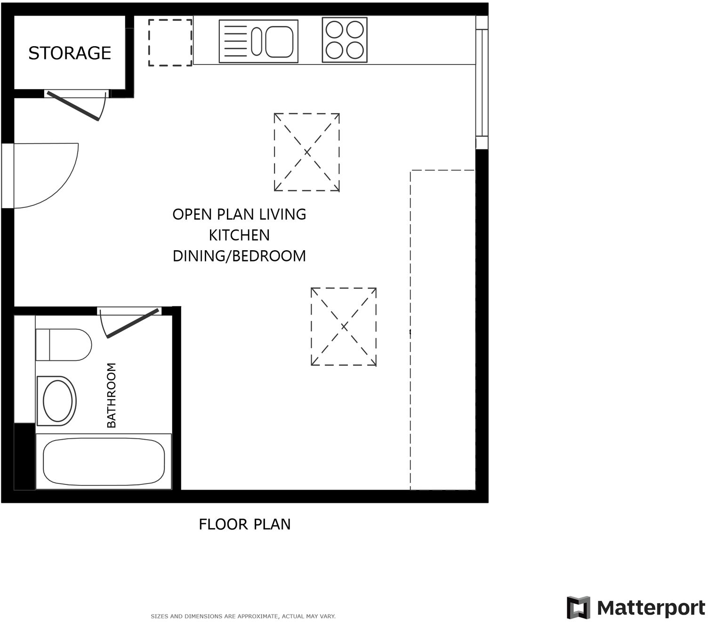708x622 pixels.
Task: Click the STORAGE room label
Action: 70,53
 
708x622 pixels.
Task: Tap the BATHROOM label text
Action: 112,395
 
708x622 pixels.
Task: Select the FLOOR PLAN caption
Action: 244,524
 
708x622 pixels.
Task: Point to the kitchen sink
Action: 258,41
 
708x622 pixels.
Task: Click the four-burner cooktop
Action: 345,40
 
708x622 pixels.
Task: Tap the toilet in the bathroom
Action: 64,345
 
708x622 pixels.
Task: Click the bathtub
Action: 104,462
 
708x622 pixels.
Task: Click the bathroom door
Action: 132,324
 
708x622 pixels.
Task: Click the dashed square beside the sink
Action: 170,42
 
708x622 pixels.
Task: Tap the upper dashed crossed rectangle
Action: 307,152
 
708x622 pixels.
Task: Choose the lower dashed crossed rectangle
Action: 344,327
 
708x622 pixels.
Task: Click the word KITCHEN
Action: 239,235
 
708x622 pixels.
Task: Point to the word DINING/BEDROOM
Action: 239,256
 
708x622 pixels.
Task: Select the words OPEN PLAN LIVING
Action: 239,214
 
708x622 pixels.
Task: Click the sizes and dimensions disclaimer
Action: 243,616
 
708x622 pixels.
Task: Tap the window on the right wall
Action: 482,82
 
